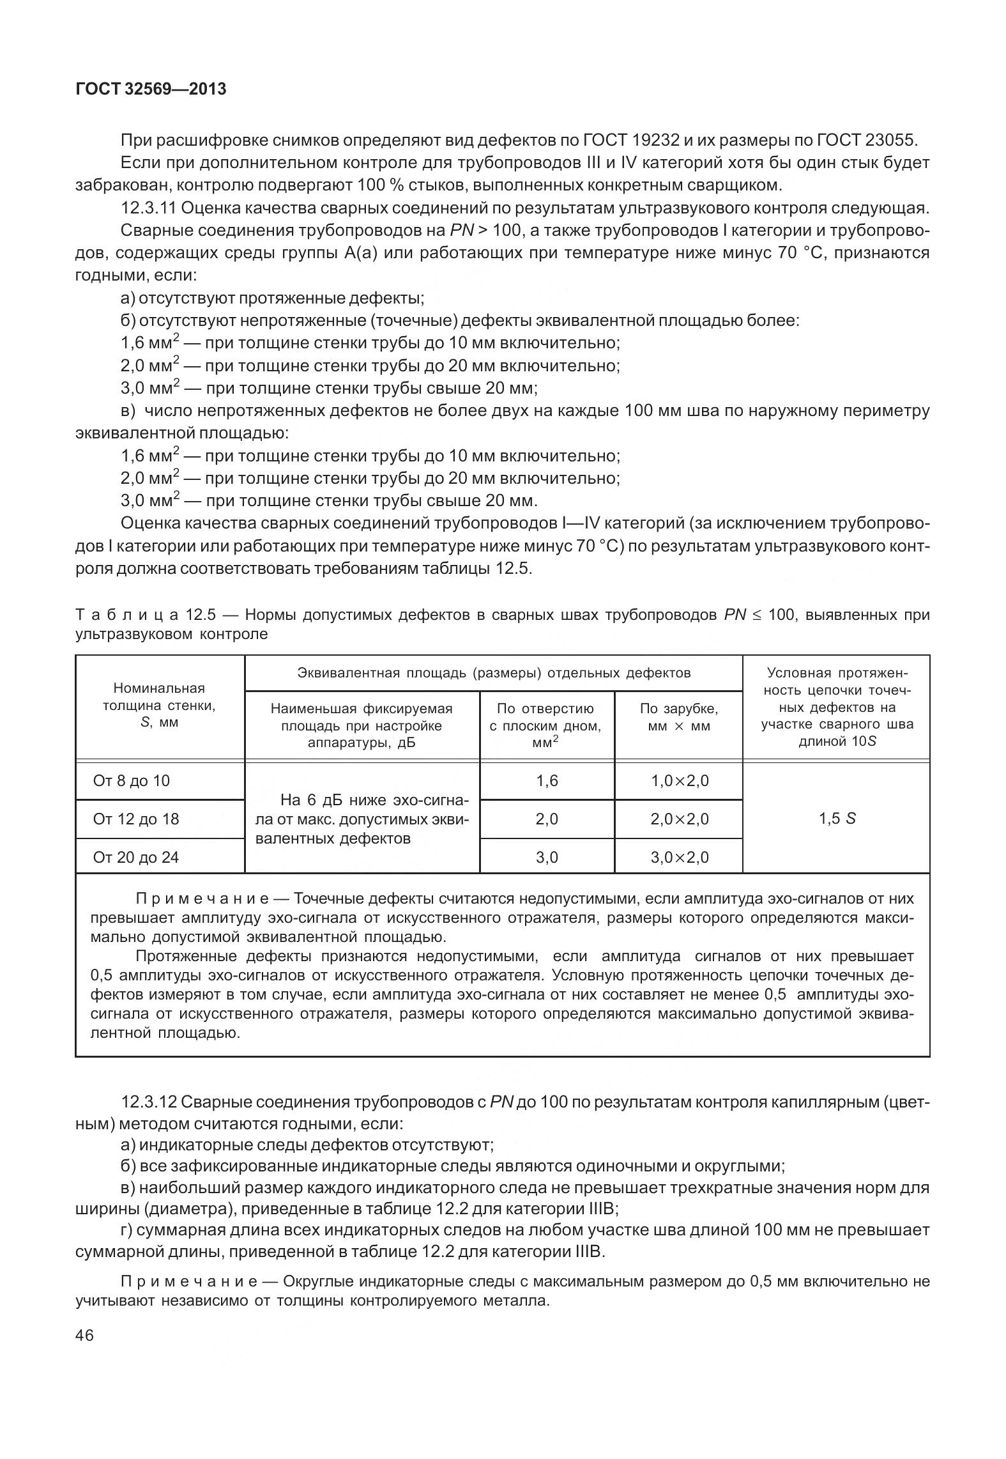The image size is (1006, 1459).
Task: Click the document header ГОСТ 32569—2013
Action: pos(151,89)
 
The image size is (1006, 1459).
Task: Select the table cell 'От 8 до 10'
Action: pos(132,781)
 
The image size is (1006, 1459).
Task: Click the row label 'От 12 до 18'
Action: pos(136,819)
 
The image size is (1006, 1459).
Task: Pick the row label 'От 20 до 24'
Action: pos(136,857)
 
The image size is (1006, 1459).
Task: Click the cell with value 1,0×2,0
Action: pos(680,781)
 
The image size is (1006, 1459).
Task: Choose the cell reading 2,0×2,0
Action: pos(680,819)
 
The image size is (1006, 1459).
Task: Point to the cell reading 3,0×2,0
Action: pos(680,857)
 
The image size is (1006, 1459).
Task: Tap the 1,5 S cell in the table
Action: pos(837,819)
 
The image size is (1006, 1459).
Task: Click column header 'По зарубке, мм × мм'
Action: pos(679,717)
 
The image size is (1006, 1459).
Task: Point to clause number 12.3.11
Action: pos(148,208)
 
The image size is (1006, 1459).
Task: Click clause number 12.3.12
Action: pos(148,1102)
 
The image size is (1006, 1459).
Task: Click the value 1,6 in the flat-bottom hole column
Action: pos(547,781)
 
